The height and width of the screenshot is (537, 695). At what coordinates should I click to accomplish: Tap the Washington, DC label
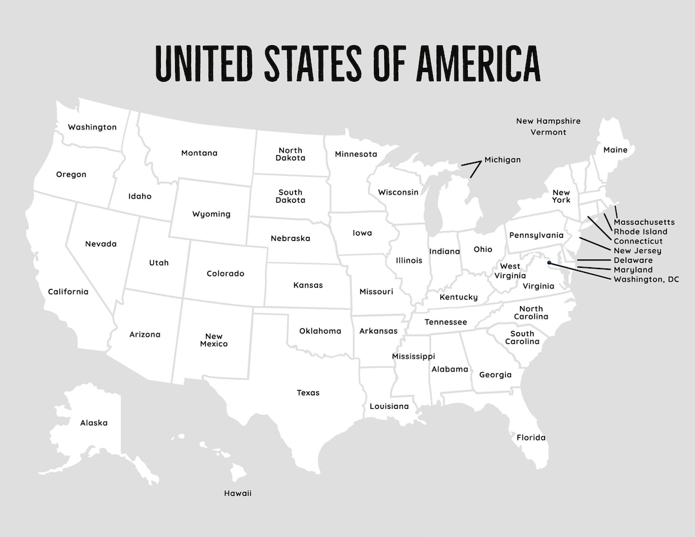(645, 279)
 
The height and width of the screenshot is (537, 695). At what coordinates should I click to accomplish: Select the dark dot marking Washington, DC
(549, 262)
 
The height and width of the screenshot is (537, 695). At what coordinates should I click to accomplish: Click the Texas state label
(308, 393)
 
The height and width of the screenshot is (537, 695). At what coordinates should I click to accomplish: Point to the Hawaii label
(237, 493)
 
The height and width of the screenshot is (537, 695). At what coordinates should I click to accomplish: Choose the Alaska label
(94, 423)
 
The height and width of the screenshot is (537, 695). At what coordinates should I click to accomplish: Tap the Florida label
(531, 438)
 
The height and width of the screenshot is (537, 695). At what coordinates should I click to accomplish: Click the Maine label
(615, 150)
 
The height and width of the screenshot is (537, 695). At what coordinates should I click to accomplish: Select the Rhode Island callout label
(640, 232)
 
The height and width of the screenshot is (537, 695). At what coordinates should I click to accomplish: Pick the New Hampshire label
(548, 121)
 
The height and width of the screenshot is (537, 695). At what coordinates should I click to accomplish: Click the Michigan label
(503, 160)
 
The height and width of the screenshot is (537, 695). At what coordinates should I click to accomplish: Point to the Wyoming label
(211, 214)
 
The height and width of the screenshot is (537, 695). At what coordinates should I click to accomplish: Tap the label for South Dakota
(290, 196)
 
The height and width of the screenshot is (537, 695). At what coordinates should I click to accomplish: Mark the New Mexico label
(214, 340)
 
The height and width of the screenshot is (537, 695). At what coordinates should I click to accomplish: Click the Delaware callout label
(633, 260)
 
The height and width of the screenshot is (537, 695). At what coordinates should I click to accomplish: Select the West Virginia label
(510, 271)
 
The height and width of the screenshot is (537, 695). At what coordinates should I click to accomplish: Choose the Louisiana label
(389, 406)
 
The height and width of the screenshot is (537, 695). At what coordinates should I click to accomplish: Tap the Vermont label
(548, 132)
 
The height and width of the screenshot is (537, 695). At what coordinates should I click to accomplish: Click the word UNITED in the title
(204, 63)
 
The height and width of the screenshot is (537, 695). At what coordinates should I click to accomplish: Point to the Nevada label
(101, 244)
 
